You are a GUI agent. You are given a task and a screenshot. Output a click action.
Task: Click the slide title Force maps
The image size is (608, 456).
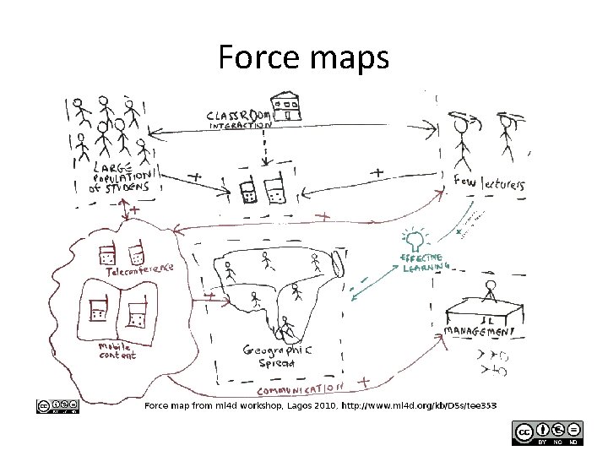click(303, 58)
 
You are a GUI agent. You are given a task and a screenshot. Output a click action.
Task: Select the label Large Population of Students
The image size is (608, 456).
click(123, 177)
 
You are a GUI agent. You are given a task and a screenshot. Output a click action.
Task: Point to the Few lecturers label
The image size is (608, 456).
click(491, 183)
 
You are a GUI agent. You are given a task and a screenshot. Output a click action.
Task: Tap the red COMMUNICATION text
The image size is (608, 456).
click(299, 389)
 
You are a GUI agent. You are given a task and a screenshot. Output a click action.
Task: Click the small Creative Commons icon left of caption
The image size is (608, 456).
click(58, 406)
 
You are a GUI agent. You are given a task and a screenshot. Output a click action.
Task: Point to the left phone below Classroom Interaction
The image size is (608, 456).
click(247, 191)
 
